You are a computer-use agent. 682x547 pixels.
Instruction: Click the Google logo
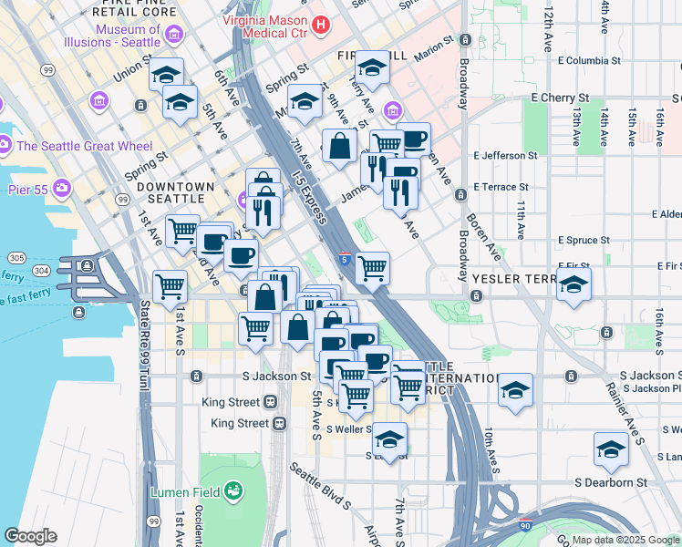coord(30,536)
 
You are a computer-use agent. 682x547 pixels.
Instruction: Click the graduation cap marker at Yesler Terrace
coord(573,284)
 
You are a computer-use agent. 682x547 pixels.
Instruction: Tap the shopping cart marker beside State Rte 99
coord(170,287)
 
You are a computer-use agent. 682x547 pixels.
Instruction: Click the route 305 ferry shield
coord(15,257)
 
